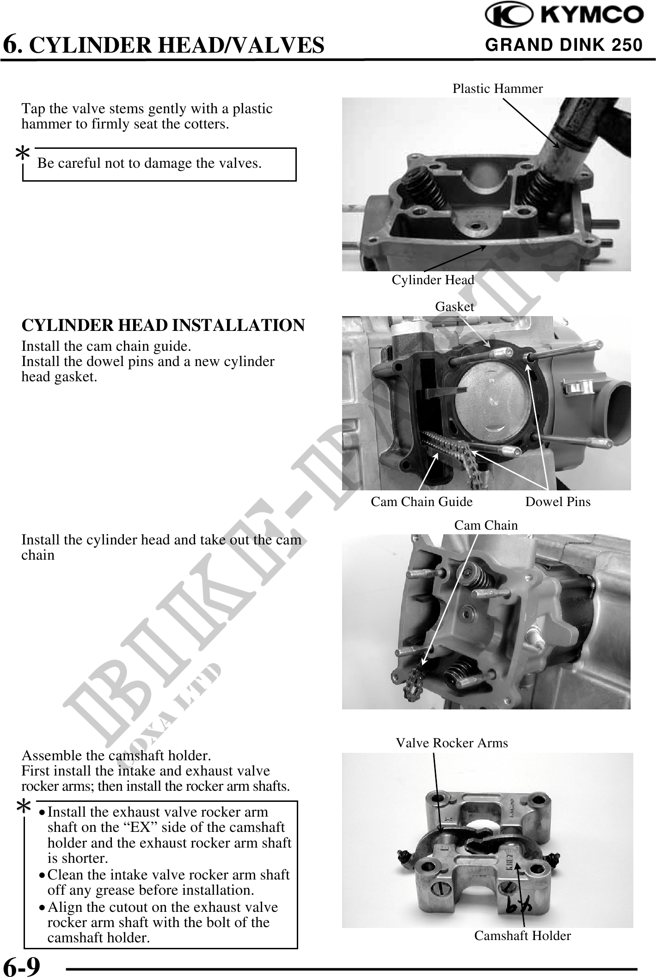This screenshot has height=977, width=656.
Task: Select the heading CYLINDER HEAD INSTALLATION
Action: (163, 325)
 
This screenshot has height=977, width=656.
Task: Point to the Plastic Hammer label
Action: (497, 88)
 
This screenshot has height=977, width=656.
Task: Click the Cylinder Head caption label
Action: (433, 280)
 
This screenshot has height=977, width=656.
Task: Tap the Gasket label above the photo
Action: (454, 306)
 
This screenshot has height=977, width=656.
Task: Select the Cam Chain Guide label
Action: (422, 501)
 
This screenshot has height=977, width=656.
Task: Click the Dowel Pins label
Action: (558, 501)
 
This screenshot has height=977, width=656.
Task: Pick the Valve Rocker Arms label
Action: (452, 743)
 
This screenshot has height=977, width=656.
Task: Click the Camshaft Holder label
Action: (522, 935)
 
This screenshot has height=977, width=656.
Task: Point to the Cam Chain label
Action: (486, 525)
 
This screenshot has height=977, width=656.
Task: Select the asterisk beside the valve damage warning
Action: (23, 154)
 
